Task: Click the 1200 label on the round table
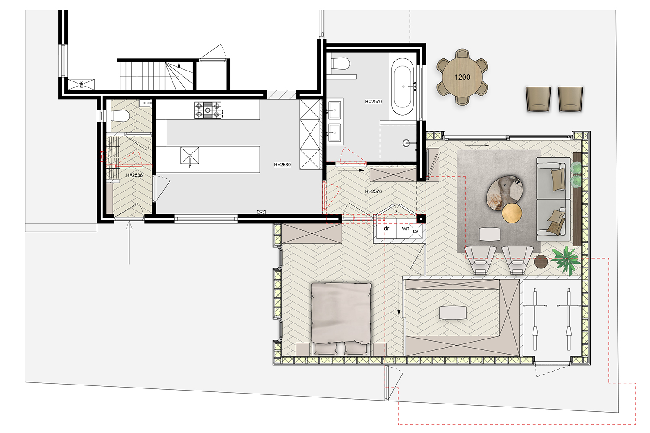(462, 77)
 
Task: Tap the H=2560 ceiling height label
(283, 165)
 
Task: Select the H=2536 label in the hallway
(134, 175)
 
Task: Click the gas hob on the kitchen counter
(208, 110)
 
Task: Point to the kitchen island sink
(190, 156)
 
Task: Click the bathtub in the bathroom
(403, 87)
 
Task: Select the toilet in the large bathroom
(340, 64)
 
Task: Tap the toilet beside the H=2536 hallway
(120, 116)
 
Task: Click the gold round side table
(512, 213)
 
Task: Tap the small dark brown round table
(541, 262)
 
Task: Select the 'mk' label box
(81, 84)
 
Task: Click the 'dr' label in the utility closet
(386, 229)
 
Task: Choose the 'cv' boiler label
(416, 231)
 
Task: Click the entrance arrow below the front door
(129, 242)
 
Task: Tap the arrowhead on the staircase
(179, 65)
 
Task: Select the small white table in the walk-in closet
(453, 313)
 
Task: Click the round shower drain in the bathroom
(406, 143)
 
